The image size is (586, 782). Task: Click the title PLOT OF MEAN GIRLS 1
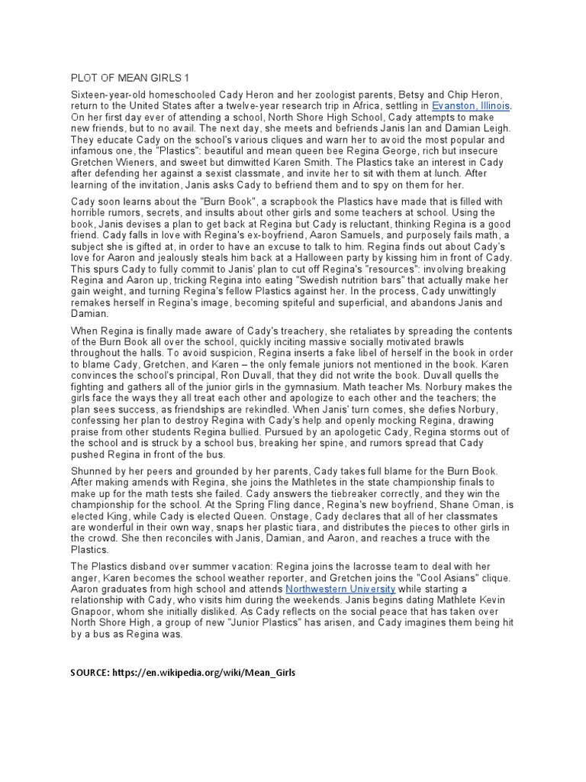[x=129, y=78]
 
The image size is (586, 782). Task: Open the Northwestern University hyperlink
[x=340, y=590]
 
